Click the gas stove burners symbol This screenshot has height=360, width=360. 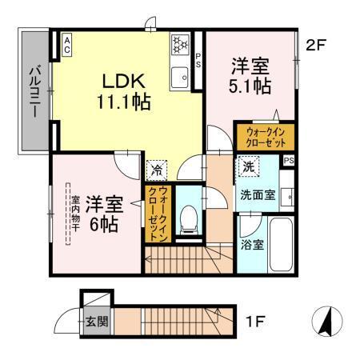pos(179,41)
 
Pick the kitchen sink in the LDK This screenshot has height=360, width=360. pos(179,78)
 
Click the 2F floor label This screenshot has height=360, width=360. pos(318,45)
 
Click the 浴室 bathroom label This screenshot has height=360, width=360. pos(253,244)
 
